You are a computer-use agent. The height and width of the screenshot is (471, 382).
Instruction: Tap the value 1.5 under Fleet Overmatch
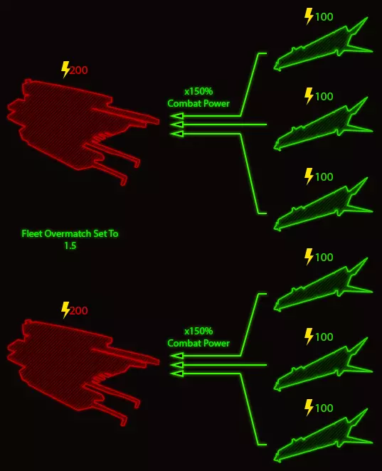point(70,245)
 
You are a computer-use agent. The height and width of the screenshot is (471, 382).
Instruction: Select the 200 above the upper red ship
point(79,70)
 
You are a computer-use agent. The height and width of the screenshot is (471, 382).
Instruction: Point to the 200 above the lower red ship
point(79,310)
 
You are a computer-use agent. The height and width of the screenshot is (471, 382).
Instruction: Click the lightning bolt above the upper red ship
point(65,70)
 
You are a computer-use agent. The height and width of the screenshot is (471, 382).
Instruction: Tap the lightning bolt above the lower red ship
point(65,310)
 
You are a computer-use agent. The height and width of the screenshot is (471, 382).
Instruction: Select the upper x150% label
point(198,91)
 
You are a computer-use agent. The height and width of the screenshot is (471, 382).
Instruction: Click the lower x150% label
point(198,331)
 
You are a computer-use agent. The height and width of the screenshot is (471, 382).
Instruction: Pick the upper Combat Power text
point(198,103)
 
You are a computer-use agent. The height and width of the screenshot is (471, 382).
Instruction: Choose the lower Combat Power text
point(198,344)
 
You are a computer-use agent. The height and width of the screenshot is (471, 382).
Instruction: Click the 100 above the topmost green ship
point(324,16)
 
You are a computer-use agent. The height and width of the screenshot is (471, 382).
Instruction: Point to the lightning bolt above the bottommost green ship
point(309,408)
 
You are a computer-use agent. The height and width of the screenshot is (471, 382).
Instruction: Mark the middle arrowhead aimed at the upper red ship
point(177,125)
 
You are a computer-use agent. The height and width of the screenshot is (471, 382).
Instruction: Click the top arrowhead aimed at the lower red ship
point(177,356)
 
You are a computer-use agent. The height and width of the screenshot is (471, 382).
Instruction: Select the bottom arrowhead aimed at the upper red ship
point(177,133)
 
